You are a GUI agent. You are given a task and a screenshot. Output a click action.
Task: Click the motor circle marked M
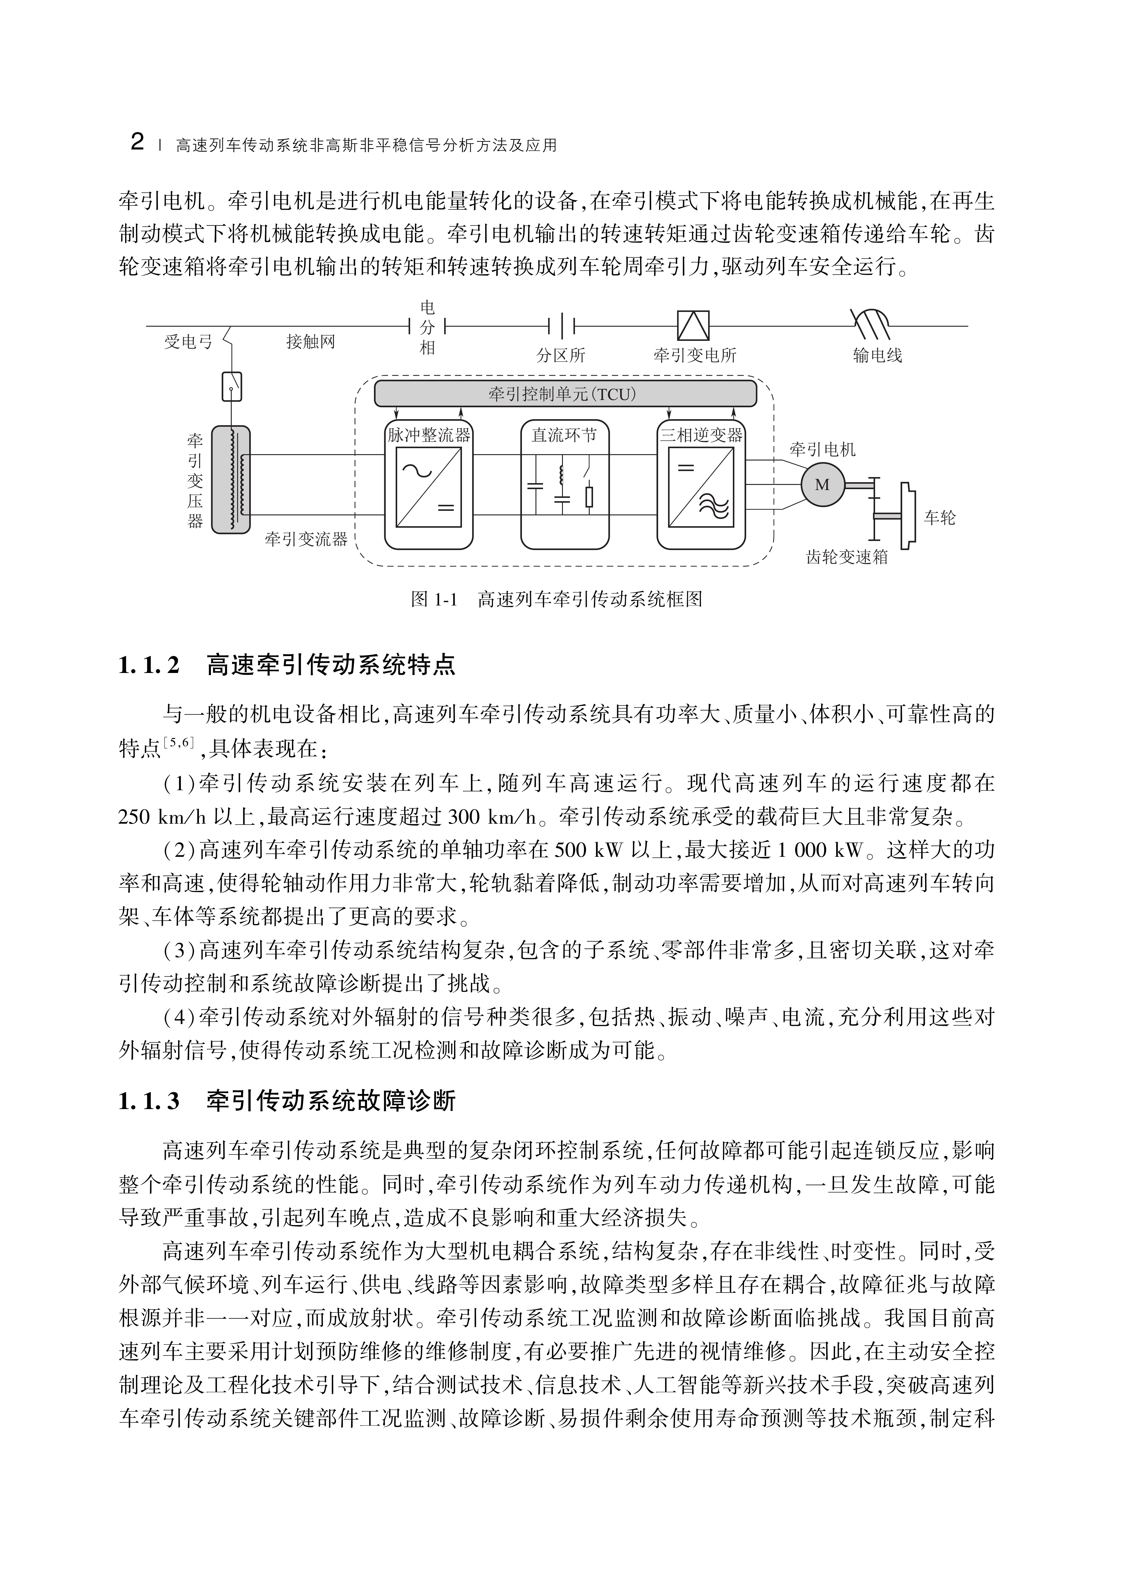click(822, 484)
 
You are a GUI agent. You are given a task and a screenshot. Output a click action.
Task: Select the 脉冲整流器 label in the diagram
click(428, 435)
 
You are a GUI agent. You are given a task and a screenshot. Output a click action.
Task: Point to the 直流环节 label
click(564, 435)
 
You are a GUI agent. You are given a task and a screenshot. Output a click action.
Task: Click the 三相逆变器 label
click(701, 435)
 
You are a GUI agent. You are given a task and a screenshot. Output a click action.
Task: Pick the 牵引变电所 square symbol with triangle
click(692, 325)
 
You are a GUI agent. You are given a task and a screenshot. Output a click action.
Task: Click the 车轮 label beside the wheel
click(940, 518)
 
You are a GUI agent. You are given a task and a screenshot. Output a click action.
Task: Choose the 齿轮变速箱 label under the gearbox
click(847, 557)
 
